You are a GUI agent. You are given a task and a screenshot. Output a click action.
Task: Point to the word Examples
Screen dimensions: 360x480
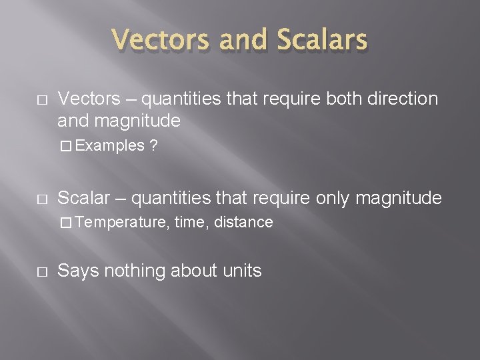click(119, 145)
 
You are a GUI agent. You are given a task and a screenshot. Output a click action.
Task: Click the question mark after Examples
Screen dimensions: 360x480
click(154, 145)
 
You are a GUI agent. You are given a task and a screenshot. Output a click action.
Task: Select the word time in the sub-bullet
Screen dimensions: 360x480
click(189, 223)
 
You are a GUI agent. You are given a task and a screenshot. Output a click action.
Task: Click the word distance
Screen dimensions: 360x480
click(243, 223)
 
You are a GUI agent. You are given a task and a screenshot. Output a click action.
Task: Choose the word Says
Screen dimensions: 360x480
click(76, 271)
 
